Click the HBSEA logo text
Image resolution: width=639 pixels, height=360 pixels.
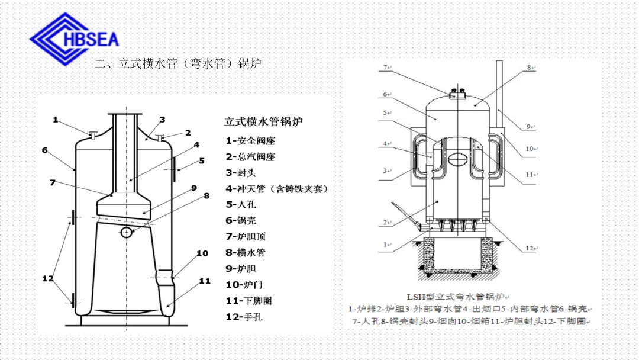(95, 39)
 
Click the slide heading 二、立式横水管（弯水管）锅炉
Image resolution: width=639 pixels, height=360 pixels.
(177, 63)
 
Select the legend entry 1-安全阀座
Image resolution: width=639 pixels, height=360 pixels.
(250, 141)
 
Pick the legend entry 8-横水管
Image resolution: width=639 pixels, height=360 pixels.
(246, 253)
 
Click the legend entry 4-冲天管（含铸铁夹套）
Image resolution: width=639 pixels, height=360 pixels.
(276, 189)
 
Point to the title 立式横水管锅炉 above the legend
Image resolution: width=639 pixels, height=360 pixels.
(263, 121)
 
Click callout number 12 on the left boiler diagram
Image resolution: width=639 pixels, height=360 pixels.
(47, 278)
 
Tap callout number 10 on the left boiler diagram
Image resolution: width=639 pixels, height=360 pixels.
(202, 253)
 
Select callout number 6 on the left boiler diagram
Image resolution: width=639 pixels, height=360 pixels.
(44, 150)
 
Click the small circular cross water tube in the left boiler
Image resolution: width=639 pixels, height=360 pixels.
(127, 232)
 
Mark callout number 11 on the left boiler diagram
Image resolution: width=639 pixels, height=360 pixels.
(205, 281)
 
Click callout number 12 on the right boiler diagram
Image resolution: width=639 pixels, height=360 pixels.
(529, 249)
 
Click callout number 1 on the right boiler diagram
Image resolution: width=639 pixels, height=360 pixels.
(386, 244)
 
